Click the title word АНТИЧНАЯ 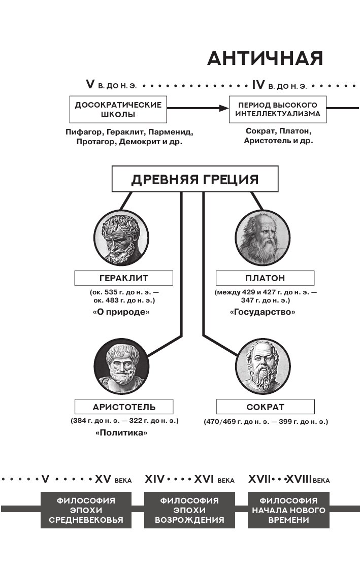(265, 59)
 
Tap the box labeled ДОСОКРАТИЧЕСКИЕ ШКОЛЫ (118, 109)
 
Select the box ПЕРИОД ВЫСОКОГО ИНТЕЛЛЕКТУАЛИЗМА (277, 109)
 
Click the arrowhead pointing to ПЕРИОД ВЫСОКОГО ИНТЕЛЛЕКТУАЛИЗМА (224, 108)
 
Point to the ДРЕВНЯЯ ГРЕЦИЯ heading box (195, 180)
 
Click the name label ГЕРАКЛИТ (124, 278)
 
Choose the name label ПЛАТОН (265, 278)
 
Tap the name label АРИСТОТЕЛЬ (124, 407)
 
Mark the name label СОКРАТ (265, 407)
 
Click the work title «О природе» (121, 312)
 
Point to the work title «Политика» (121, 432)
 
